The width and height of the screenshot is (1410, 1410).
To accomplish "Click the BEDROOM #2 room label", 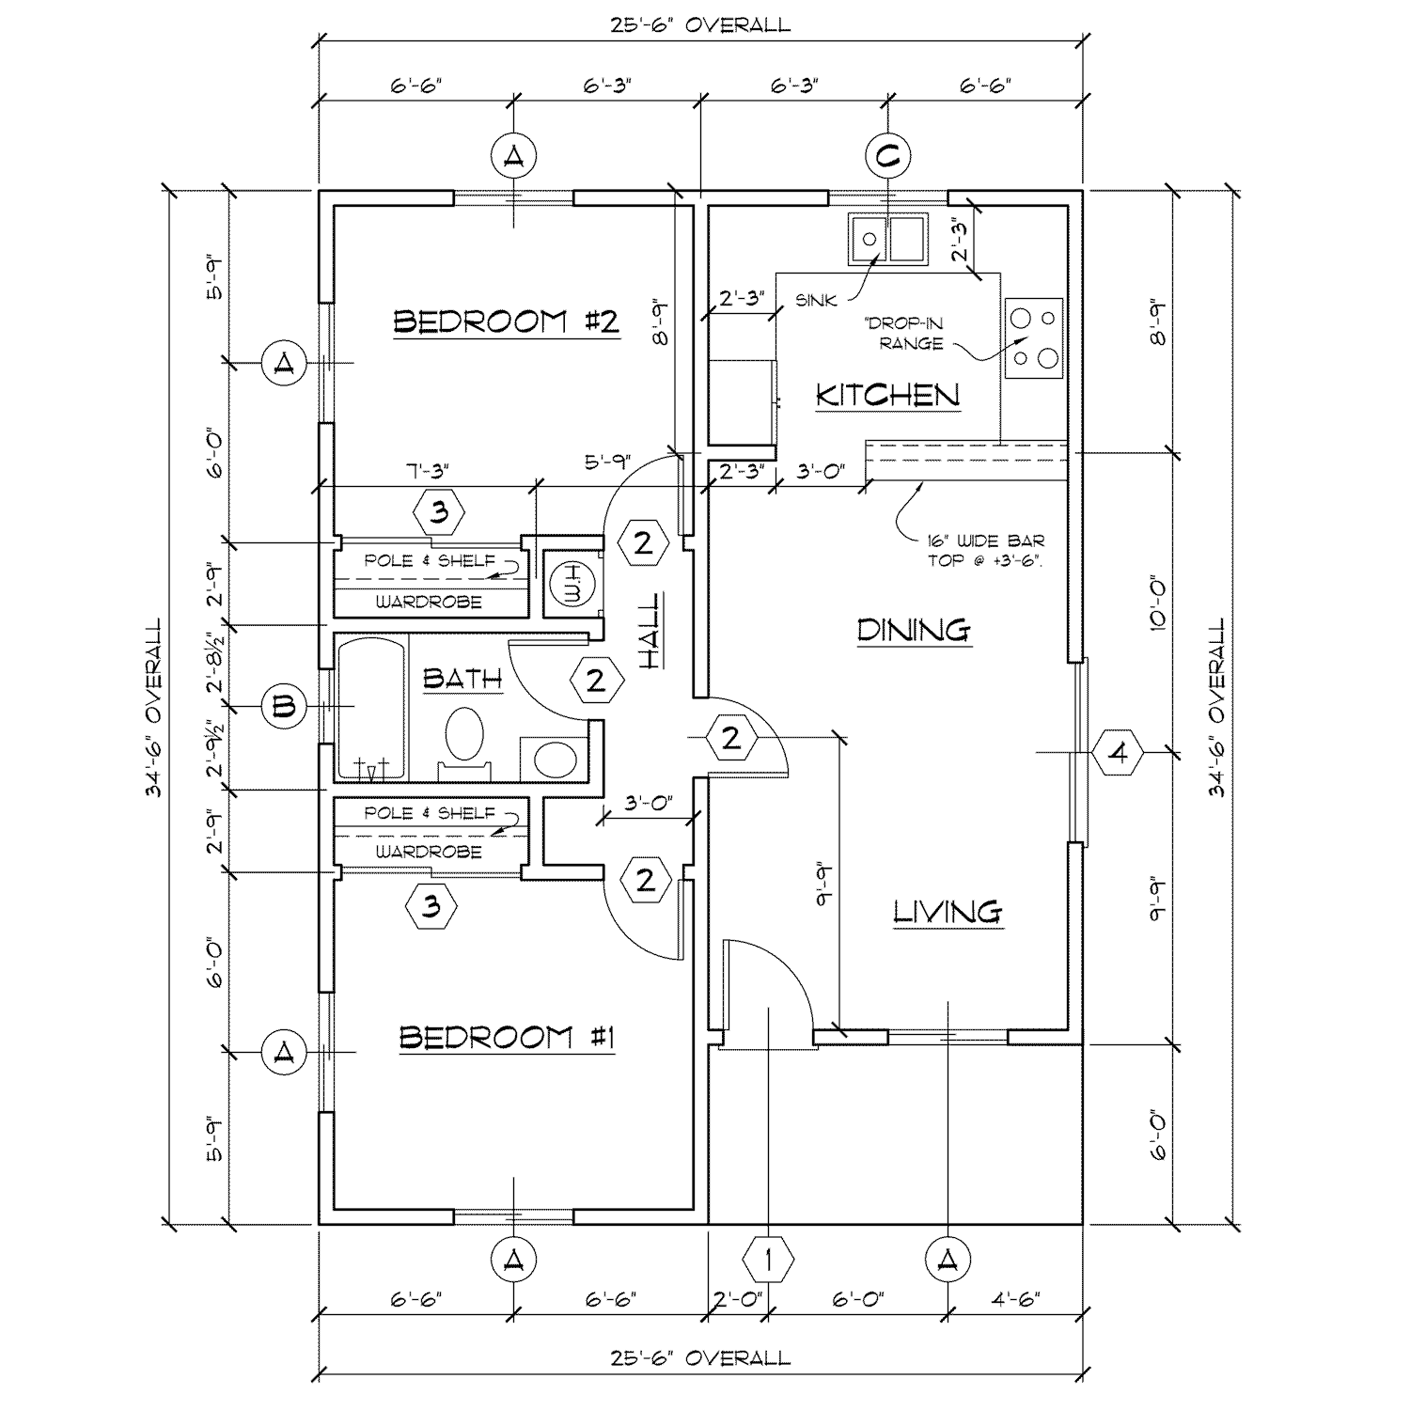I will pyautogui.click(x=505, y=322).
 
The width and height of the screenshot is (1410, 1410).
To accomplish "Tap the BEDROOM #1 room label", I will pyautogui.click(x=507, y=1038).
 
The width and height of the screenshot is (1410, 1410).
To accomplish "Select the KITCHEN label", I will pyautogui.click(x=887, y=395).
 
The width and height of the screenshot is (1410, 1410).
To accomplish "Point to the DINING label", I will pyautogui.click(x=913, y=630).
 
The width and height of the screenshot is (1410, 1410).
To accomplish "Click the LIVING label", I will pyautogui.click(x=948, y=910).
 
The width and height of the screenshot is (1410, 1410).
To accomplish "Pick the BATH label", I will pyautogui.click(x=462, y=679).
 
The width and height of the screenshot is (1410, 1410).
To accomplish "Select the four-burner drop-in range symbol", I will pyautogui.click(x=1033, y=337).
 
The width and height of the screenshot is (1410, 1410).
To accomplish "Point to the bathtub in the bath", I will pyautogui.click(x=371, y=710).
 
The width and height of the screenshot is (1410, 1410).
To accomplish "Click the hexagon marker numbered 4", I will pyautogui.click(x=1118, y=752).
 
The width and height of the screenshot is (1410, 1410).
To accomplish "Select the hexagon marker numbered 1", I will pyautogui.click(x=769, y=1258).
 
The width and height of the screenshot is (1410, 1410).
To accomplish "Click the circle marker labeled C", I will pyautogui.click(x=885, y=156).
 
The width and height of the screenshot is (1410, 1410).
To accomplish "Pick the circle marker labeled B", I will pyautogui.click(x=283, y=706).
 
